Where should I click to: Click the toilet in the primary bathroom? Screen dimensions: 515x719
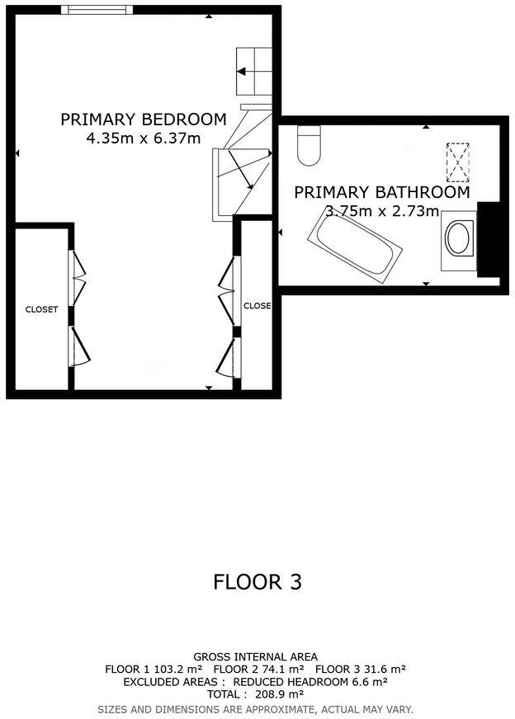pyautogui.click(x=309, y=145)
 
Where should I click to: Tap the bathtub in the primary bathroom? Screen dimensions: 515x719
pyautogui.click(x=355, y=247)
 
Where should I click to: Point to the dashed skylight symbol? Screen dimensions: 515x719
pyautogui.click(x=457, y=162)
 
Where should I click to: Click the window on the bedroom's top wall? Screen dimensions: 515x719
pyautogui.click(x=97, y=10)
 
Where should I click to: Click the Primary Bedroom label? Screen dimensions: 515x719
pyautogui.click(x=144, y=120)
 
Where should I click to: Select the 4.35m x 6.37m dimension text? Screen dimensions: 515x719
pyautogui.click(x=144, y=138)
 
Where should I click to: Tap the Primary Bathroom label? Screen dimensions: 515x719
pyautogui.click(x=382, y=192)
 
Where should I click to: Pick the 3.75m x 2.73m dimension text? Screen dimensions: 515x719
pyautogui.click(x=382, y=211)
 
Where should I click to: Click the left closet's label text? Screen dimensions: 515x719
pyautogui.click(x=42, y=309)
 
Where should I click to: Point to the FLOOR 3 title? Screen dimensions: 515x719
pyautogui.click(x=257, y=582)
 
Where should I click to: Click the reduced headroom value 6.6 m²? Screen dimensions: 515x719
pyautogui.click(x=370, y=682)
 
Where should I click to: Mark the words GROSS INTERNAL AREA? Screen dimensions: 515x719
pyautogui.click(x=255, y=656)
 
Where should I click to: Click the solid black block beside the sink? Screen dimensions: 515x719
pyautogui.click(x=489, y=239)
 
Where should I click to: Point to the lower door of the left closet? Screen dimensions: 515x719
pyautogui.click(x=79, y=346)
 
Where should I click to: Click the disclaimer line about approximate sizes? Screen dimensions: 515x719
pyautogui.click(x=255, y=709)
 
